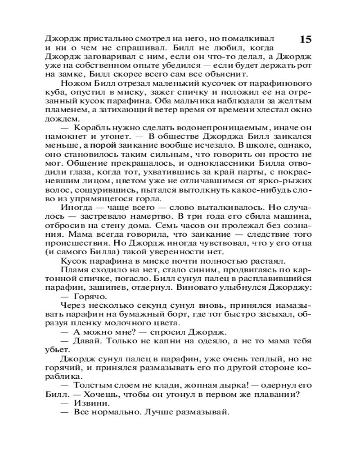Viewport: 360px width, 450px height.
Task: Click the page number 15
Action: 305,39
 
